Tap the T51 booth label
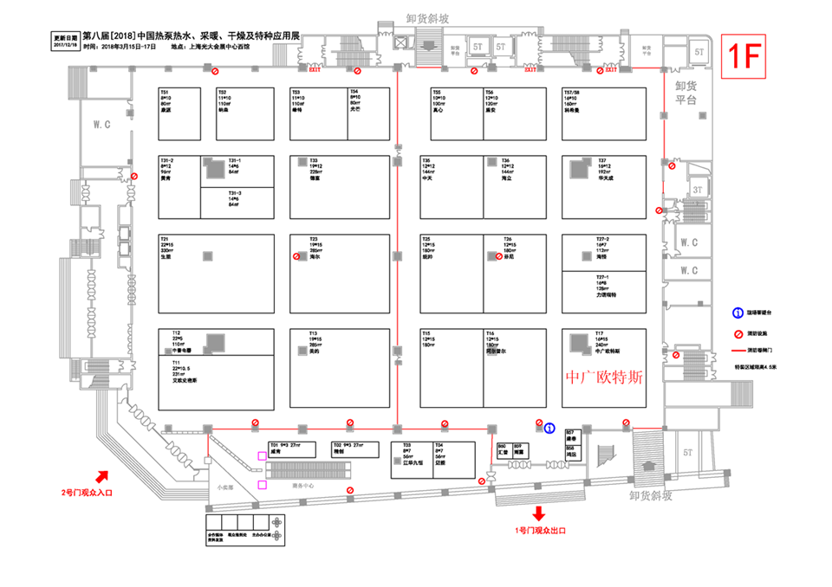coord(165,92)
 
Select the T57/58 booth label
coord(572,92)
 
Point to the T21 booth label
coord(165,238)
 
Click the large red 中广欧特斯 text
coord(604,378)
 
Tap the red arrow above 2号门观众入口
coord(102,475)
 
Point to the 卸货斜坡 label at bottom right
coord(656,495)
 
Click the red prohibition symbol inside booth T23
coord(296,257)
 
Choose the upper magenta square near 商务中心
coord(262,455)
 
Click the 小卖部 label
coord(225,487)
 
